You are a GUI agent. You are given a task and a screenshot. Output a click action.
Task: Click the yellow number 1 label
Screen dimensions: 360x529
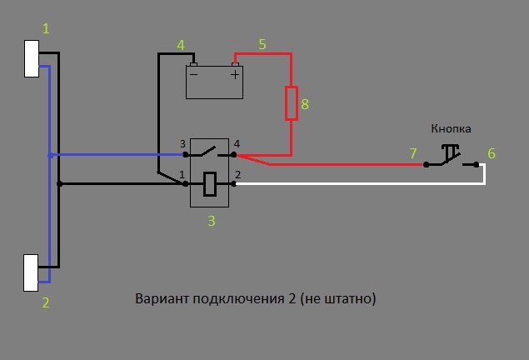coord(46,28)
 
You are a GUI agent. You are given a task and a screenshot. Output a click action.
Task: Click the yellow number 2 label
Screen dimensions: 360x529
coord(46,302)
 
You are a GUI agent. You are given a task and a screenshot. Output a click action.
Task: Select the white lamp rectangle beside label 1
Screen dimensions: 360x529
coord(32,58)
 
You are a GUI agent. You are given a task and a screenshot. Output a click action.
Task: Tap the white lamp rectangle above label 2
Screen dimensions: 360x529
coord(32,272)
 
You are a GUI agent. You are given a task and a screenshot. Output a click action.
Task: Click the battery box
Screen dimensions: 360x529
coord(215,82)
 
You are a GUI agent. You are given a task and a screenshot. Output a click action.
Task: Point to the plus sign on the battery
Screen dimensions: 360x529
coord(235,74)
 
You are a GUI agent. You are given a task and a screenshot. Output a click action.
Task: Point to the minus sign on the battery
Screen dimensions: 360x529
coord(193,74)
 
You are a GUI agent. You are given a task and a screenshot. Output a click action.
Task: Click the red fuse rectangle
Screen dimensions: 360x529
coord(292,103)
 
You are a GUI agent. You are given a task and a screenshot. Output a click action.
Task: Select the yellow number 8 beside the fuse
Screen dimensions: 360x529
coord(305,104)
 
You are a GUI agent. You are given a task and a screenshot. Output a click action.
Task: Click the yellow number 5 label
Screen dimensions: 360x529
coord(262,44)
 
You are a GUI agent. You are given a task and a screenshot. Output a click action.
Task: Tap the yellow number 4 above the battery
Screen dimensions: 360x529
coord(181,44)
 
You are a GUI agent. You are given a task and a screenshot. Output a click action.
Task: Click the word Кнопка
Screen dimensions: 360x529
coord(451,129)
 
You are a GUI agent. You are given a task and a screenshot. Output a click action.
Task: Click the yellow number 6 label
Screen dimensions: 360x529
coord(492,153)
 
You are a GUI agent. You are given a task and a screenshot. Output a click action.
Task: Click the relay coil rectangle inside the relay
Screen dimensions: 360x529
coord(212,183)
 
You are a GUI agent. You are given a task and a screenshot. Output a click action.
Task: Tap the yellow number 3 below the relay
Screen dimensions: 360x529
coord(212,221)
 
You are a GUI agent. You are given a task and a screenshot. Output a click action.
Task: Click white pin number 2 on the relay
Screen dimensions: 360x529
coord(237,174)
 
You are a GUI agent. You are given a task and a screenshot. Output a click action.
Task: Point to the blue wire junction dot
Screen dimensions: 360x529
coord(50,155)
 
